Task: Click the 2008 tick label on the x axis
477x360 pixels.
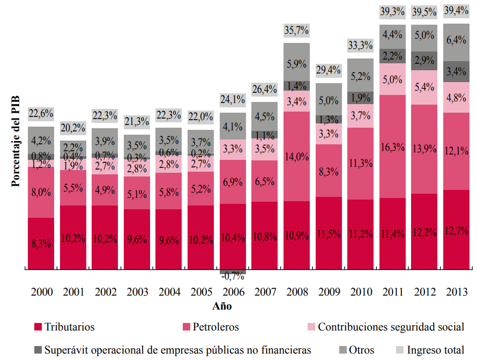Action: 296,292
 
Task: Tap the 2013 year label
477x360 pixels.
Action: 456,292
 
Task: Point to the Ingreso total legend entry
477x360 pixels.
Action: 434,350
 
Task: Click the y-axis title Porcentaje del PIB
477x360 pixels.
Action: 16,139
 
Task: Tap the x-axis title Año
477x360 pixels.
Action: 221,306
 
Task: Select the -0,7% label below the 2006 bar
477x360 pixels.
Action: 233,276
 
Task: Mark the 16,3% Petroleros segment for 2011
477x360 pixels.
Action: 392,146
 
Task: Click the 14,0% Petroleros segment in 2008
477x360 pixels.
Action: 296,156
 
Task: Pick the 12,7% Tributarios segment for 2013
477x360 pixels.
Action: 456,230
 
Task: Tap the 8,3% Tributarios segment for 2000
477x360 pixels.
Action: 41,243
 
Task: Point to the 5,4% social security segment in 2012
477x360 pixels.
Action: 424,87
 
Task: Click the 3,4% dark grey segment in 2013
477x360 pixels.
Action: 456,71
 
